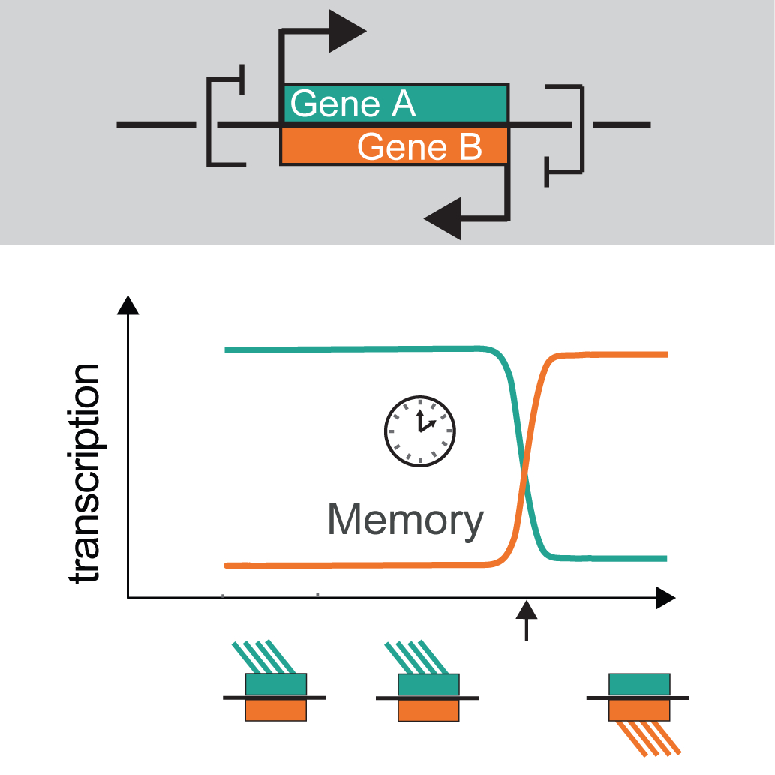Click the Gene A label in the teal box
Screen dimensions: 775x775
(x=353, y=104)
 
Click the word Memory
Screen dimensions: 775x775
(x=405, y=520)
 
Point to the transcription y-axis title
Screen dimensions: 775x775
(x=84, y=473)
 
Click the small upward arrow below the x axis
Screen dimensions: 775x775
(x=527, y=620)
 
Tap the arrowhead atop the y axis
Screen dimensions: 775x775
(x=129, y=305)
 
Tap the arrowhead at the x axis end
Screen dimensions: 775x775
(x=665, y=598)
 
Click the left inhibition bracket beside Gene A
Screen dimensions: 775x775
(x=224, y=120)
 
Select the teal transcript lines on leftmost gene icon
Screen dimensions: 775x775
(x=265, y=656)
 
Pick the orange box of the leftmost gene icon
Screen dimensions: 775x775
(x=275, y=710)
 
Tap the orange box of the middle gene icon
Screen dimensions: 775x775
(x=428, y=710)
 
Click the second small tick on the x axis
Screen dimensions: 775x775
(x=317, y=595)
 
